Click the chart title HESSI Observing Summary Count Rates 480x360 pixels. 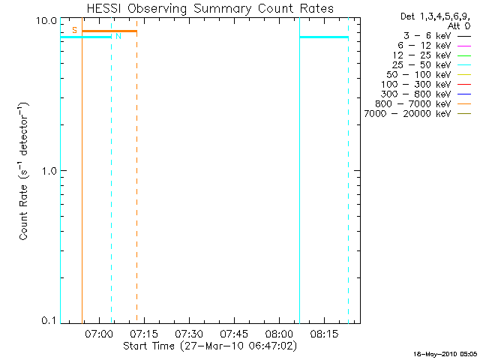pos(209,8)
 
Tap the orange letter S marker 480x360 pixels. pos(74,30)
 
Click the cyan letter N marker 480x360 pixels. pos(118,36)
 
